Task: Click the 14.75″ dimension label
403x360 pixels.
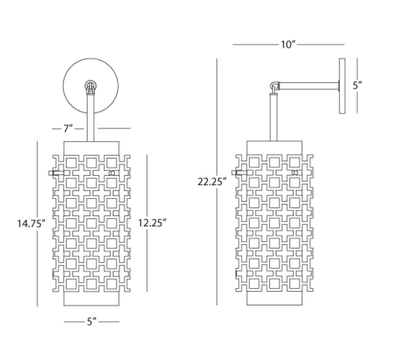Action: [31, 223]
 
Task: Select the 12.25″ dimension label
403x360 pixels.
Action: [152, 223]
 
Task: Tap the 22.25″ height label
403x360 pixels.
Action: [212, 182]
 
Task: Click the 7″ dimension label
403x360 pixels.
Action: [68, 128]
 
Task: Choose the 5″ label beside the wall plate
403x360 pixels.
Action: [357, 86]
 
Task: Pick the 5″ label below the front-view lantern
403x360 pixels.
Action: [91, 322]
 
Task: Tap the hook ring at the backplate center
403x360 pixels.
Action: [91, 86]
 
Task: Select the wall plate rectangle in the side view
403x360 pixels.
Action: [342, 86]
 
